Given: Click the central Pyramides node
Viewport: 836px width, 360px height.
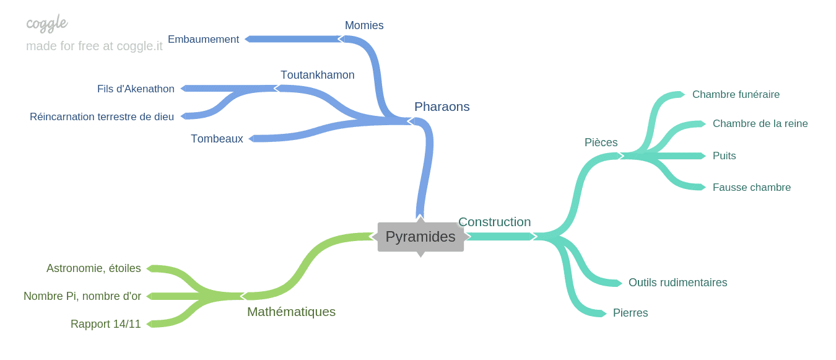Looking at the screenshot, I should pos(420,237).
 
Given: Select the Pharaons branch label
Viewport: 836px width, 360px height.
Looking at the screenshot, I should pos(442,107).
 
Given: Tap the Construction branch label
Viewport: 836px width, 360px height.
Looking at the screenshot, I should pos(494,222).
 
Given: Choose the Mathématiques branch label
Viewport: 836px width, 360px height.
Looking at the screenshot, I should pos(291,312).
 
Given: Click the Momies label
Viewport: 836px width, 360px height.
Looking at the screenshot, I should pos(364,25).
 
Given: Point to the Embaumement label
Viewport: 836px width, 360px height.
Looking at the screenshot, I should pos(203,39).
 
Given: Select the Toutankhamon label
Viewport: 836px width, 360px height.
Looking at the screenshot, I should pos(317,75).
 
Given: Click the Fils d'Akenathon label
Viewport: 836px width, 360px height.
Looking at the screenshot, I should pos(136,89).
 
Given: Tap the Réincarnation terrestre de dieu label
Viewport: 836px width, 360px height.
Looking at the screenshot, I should pos(102,116).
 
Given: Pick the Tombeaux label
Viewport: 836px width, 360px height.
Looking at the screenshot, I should pos(217,139).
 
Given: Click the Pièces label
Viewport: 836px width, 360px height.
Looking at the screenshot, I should pos(601,143).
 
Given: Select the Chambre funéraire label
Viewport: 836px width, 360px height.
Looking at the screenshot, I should pos(736,94).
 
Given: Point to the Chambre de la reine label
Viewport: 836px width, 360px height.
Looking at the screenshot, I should pos(760,123).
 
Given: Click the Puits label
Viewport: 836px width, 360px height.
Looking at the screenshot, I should pos(724,156).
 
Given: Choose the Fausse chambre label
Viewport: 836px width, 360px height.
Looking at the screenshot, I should pos(751,187).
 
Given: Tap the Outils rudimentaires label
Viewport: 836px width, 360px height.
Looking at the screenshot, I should pos(677,283).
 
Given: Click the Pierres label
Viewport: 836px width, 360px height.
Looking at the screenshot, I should pos(630,313).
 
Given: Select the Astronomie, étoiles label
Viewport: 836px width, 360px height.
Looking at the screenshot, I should pos(94,268).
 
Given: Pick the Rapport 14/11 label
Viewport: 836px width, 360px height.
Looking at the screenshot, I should pos(106,324).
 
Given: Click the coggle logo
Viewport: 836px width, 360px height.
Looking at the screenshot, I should pos(46,24).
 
